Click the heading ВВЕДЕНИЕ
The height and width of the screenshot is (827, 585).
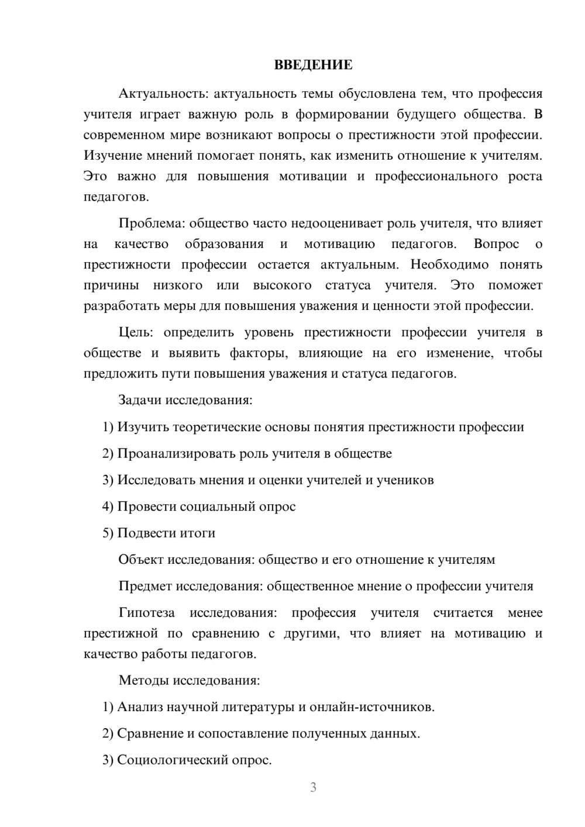[313, 65]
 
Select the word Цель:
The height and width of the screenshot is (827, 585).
[136, 333]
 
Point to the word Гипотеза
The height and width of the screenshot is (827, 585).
[147, 613]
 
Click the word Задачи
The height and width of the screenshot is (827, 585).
[140, 401]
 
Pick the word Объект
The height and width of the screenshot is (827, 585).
[141, 560]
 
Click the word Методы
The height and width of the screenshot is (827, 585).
[142, 680]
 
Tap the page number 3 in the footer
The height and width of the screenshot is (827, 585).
[313, 787]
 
